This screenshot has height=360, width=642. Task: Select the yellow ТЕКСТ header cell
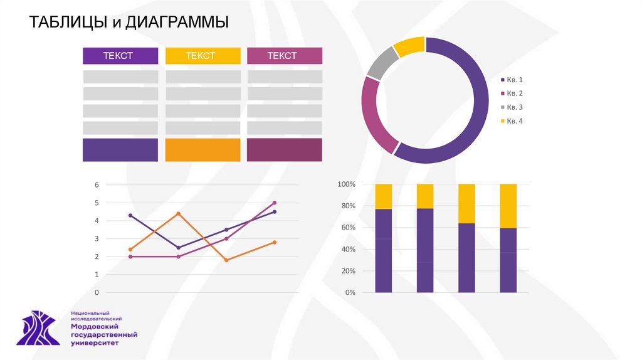tap(203, 56)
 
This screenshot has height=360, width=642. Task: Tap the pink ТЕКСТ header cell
tap(285, 56)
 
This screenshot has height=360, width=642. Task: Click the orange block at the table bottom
tap(203, 150)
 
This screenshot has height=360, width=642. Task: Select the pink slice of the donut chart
tap(377, 113)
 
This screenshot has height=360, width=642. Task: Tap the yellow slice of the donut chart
tap(410, 47)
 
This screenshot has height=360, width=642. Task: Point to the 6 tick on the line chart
tap(97, 185)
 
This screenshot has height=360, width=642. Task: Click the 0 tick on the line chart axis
tap(97, 293)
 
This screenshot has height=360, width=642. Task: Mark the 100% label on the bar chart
tap(346, 184)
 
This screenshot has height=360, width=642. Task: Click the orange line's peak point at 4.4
tap(178, 214)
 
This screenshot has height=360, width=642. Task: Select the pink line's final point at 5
tap(275, 203)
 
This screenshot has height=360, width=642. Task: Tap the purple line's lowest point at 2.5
tap(178, 248)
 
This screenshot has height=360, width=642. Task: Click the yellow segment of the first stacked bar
tap(383, 196)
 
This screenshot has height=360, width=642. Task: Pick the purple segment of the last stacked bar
tap(508, 260)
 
